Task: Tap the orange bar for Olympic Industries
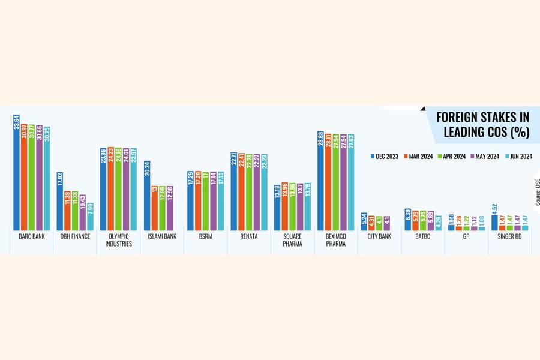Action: [x=111, y=189]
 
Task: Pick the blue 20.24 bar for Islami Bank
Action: [x=147, y=196]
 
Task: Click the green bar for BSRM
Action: [x=206, y=201]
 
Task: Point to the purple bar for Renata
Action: [x=257, y=192]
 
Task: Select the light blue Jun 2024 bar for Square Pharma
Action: [x=308, y=210]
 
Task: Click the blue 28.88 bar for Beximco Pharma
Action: [x=321, y=180]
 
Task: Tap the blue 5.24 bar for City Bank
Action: [x=364, y=221]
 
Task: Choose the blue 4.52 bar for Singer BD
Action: [x=494, y=223]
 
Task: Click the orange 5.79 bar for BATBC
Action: [x=415, y=220]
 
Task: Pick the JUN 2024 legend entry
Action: [x=519, y=157]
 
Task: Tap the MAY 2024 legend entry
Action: [x=487, y=157]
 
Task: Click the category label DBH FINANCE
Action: [x=75, y=236]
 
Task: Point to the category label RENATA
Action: [x=248, y=236]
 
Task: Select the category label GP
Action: [x=466, y=236]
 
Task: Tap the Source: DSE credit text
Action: [x=536, y=192]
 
